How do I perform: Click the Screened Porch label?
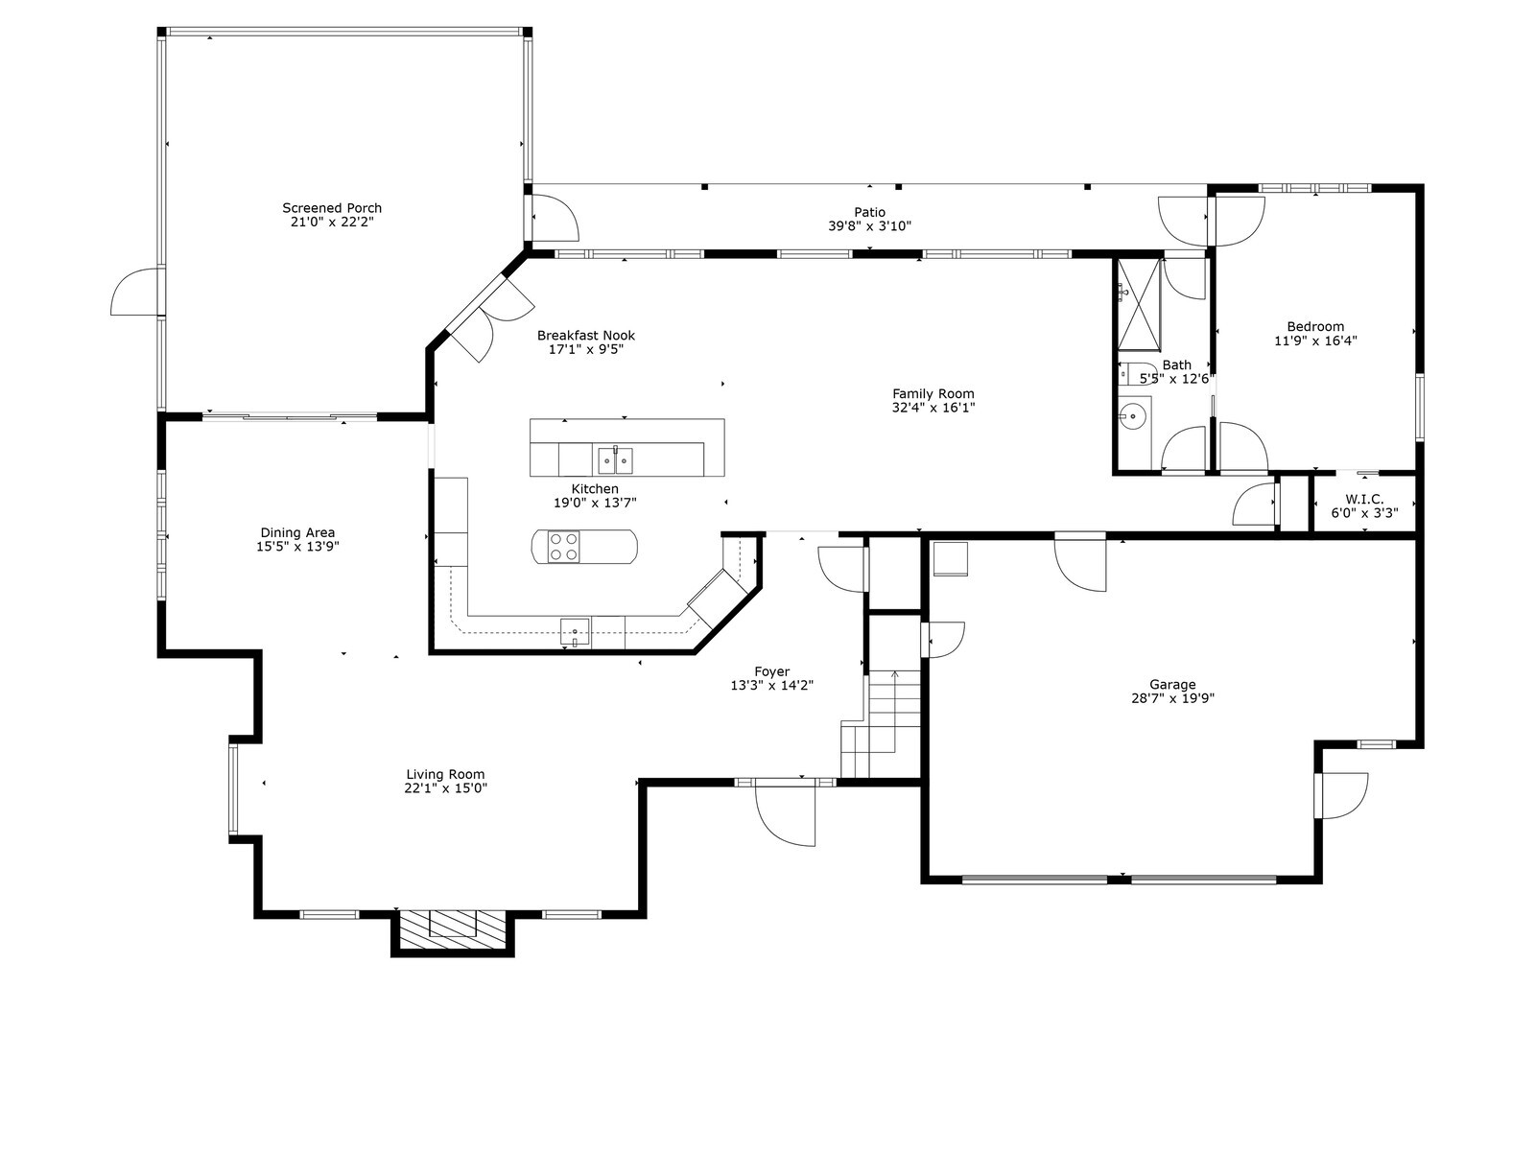coord(331,207)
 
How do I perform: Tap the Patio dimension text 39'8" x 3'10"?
coord(869,226)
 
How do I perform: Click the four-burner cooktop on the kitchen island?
coord(563,547)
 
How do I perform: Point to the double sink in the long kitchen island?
coord(615,461)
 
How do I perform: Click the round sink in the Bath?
coord(1133,416)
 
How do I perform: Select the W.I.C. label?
coord(1363,499)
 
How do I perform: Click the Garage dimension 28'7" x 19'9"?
coord(1172,698)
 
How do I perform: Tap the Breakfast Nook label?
coord(585,335)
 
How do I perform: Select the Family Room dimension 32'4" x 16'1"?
coord(933,408)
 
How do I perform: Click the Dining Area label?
coord(297,532)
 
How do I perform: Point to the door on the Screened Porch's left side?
coord(136,294)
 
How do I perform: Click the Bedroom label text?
coord(1314,326)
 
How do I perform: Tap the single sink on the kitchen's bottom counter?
coord(575,632)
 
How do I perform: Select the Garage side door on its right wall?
coord(1344,794)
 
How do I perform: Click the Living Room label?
coord(445,774)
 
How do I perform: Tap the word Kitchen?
coord(595,488)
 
